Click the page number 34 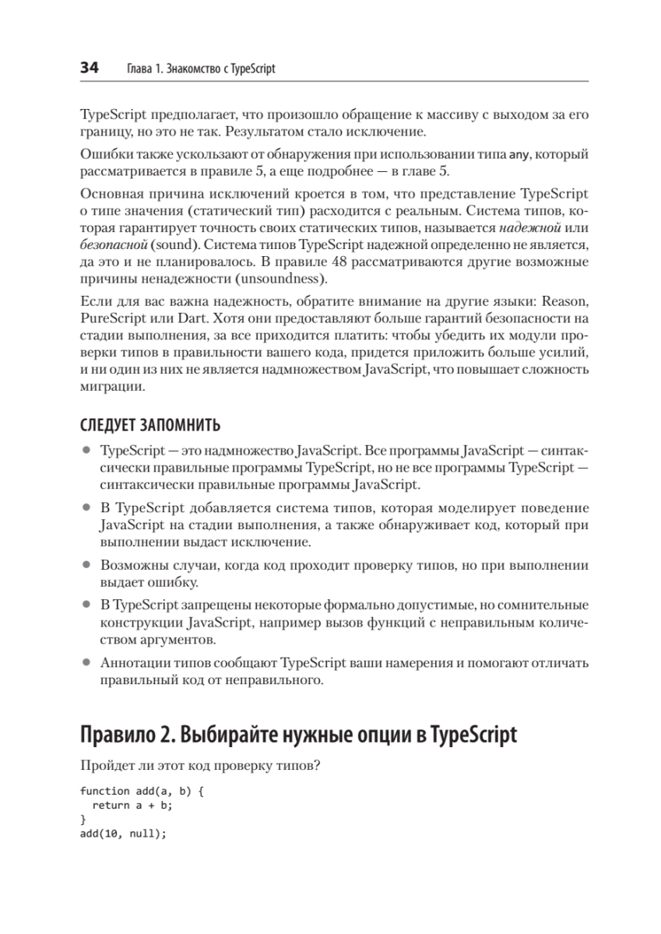(x=89, y=68)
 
